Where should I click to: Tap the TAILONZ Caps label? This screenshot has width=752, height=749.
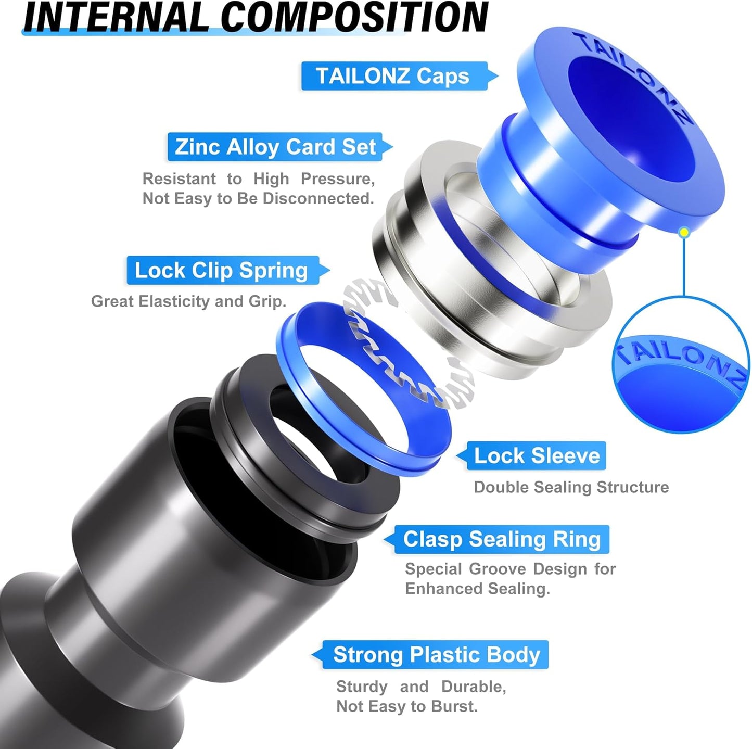point(393,76)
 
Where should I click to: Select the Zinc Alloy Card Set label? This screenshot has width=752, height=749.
point(275,147)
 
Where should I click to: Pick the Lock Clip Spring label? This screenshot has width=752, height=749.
point(222,270)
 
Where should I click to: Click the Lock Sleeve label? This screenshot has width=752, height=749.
point(537,456)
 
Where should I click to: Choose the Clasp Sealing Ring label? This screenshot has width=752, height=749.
point(502,539)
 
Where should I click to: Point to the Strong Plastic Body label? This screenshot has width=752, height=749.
point(436,655)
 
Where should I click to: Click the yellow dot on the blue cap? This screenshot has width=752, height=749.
point(684,232)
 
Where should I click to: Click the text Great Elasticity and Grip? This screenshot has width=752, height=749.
point(188,301)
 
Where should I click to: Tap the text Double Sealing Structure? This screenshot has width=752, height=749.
point(571,487)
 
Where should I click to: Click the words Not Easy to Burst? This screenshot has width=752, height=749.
point(406,706)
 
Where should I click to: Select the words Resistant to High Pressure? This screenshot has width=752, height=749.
point(259,179)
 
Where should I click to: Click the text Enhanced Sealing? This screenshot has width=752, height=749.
point(477,589)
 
